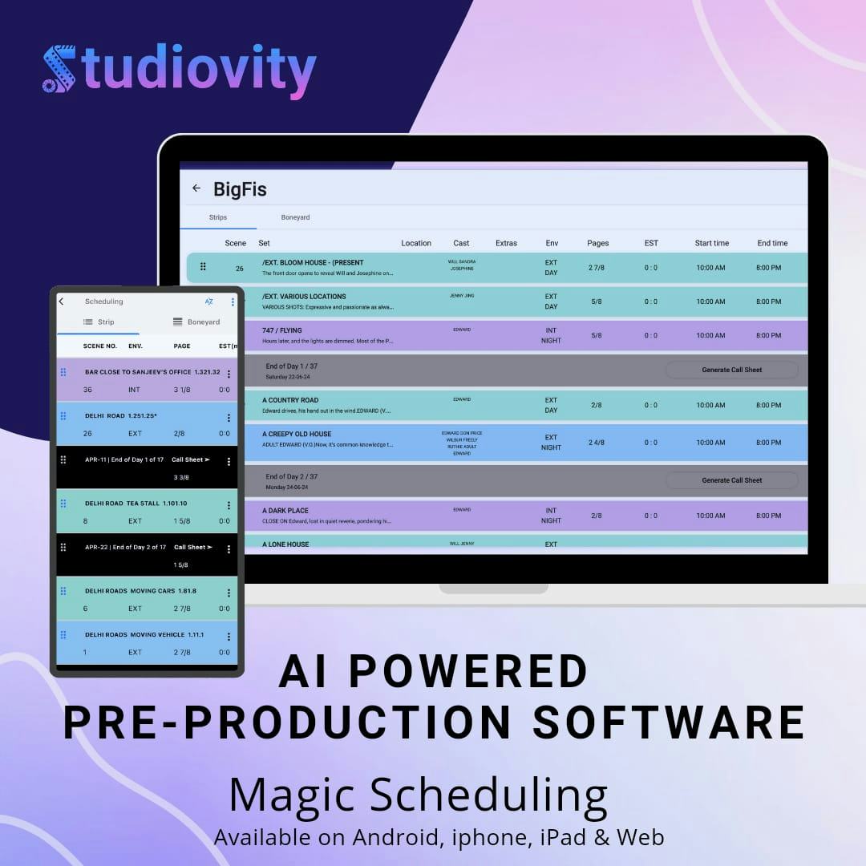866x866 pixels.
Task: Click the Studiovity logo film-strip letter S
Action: [59, 70]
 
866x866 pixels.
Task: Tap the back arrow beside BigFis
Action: [196, 188]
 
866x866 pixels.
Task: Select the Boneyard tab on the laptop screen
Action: [295, 217]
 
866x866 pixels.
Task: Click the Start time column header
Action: [711, 243]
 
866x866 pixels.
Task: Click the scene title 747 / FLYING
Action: [282, 330]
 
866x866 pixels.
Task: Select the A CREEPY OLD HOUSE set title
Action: [297, 434]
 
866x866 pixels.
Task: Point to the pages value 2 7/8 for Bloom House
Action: [597, 267]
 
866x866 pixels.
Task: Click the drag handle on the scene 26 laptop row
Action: [204, 267]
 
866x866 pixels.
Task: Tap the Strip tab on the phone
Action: [99, 322]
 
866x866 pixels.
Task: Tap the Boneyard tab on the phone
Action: [196, 322]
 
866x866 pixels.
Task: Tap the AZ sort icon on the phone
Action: [208, 301]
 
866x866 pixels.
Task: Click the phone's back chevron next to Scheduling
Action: [62, 301]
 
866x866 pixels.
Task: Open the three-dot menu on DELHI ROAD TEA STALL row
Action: [229, 506]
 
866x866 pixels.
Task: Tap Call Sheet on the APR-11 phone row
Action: [191, 459]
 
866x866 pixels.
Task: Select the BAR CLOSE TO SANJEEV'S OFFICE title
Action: [138, 372]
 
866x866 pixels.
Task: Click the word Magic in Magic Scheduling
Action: [291, 795]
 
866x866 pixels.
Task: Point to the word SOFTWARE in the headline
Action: [670, 722]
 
